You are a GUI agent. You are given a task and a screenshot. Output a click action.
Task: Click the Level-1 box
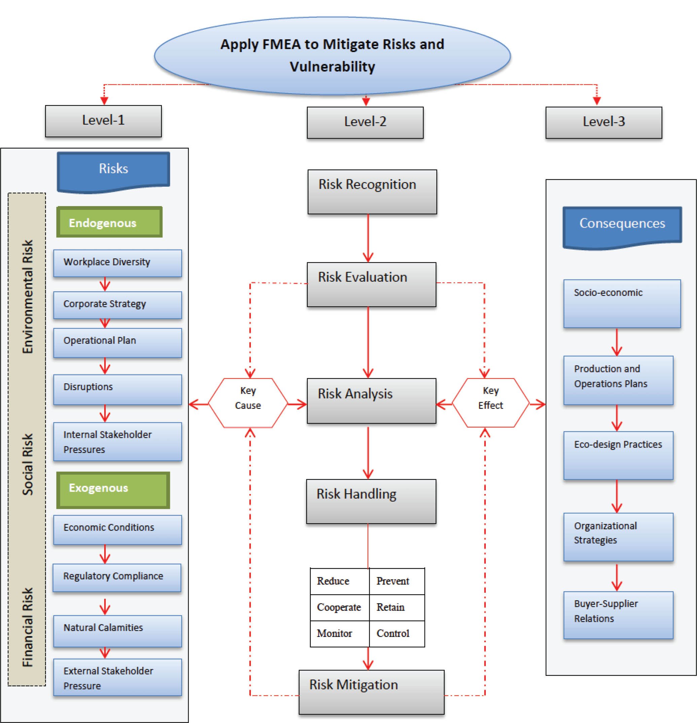[103, 121]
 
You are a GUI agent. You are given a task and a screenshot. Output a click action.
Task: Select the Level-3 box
[603, 122]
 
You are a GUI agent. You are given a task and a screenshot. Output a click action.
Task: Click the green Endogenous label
[109, 222]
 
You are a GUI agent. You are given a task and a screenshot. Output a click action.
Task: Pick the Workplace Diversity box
[117, 263]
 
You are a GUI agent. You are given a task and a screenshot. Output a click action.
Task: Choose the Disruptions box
[117, 389]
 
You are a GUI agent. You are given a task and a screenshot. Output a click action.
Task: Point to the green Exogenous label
[113, 490]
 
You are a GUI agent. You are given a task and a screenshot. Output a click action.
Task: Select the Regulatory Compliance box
[117, 577]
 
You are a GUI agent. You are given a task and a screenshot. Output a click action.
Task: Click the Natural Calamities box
[117, 631]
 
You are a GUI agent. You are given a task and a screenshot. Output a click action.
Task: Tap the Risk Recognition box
[372, 191]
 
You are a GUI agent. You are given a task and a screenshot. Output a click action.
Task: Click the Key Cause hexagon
[248, 403]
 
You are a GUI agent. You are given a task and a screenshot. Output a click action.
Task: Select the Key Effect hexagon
[490, 403]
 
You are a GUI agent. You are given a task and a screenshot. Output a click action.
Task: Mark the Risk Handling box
[371, 501]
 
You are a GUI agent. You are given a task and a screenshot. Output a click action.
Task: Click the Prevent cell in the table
[396, 581]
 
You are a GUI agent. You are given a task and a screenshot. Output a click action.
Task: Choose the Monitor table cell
[339, 633]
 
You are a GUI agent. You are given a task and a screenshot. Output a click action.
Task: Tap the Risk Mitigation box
[371, 692]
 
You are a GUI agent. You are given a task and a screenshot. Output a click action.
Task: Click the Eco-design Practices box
[618, 455]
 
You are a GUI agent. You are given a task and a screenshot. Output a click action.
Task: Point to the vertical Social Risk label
[28, 464]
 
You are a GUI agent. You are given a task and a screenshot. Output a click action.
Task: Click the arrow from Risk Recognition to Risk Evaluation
[368, 238]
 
